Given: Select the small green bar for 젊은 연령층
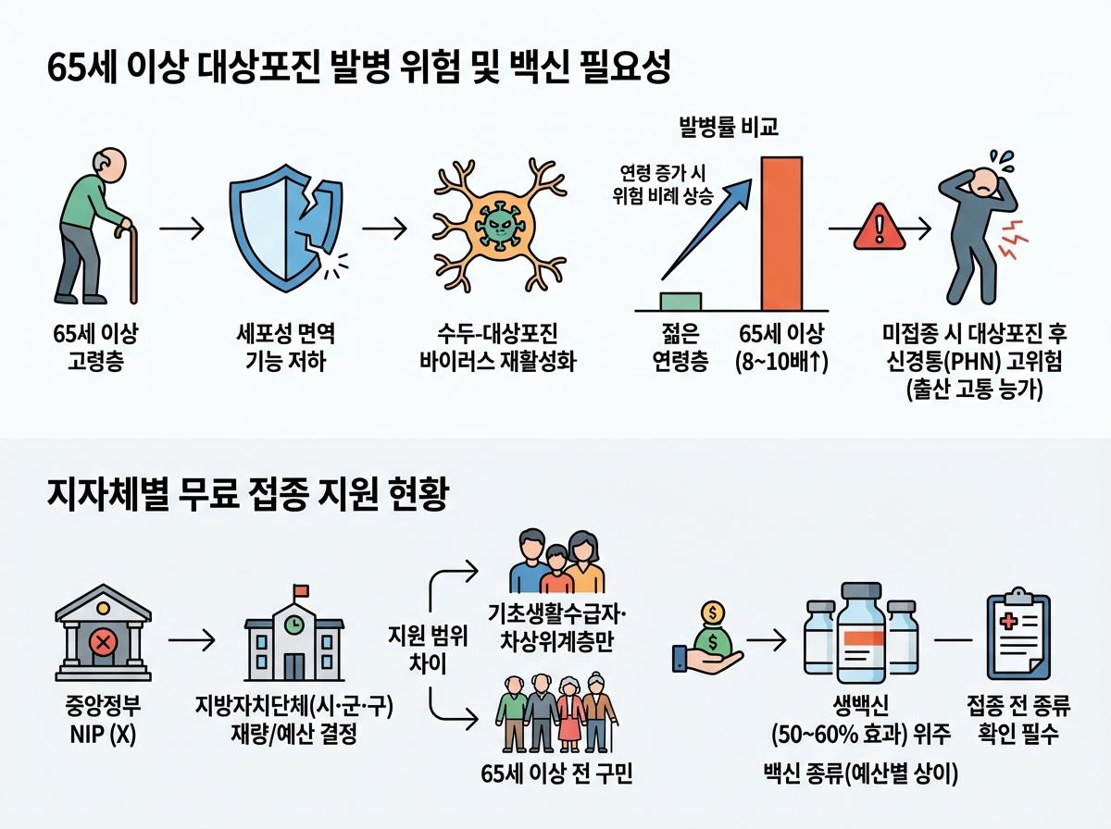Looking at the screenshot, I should pyautogui.click(x=680, y=300).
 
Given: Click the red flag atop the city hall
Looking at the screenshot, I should pyautogui.click(x=299, y=591).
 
